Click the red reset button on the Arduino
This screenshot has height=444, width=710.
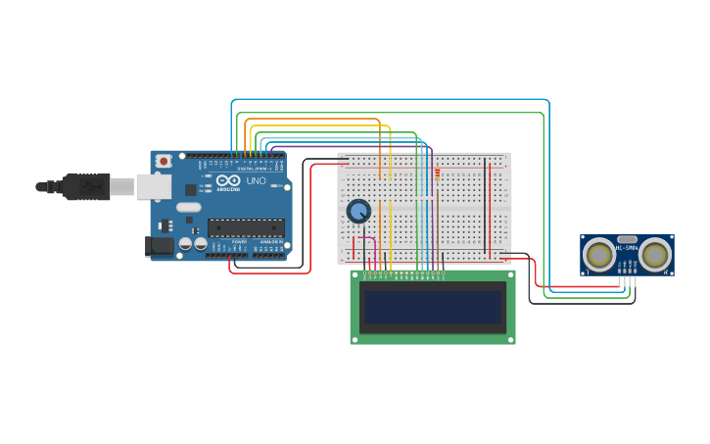[164, 161]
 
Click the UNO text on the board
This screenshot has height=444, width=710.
[255, 181]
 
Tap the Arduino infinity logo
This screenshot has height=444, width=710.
[228, 181]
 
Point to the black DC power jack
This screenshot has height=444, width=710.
[159, 246]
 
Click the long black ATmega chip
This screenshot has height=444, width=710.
[245, 227]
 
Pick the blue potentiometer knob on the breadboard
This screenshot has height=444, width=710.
[358, 211]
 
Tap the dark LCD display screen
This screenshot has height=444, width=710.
[432, 307]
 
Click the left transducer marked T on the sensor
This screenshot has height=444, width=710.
[599, 256]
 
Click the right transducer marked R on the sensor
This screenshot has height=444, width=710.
[655, 256]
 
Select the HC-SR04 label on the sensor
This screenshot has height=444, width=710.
[627, 248]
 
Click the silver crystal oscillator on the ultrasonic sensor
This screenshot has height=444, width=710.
[627, 238]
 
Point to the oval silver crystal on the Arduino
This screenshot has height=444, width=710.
[189, 207]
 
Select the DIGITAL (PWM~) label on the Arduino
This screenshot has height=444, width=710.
[254, 169]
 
